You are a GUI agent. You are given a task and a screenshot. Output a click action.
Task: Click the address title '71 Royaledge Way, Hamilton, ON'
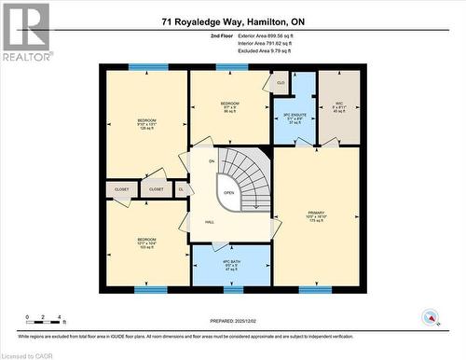pos(233,20)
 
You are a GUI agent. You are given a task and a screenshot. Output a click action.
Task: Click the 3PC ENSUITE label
pos(294,117)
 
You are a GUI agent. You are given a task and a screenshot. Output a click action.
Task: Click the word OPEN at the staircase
pos(228,194)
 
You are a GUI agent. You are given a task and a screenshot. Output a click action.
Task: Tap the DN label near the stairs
pos(212,161)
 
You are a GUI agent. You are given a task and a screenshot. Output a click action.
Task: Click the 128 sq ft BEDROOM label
pos(147,124)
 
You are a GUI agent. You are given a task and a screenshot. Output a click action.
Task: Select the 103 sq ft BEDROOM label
pos(147,243)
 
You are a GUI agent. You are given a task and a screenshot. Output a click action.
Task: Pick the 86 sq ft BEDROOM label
pos(230,106)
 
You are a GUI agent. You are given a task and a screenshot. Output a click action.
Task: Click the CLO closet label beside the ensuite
pos(281,83)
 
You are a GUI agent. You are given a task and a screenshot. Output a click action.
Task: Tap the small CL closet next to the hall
pos(182,189)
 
